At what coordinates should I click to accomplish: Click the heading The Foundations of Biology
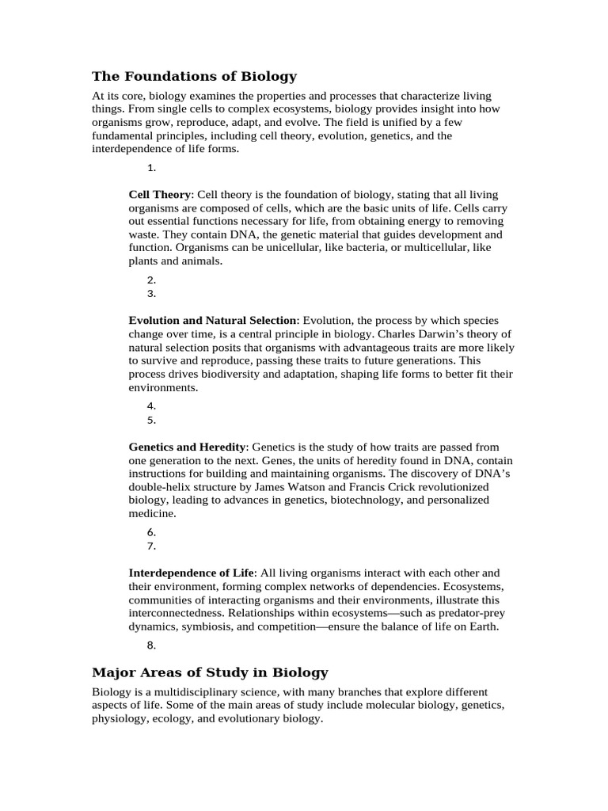tap(194, 77)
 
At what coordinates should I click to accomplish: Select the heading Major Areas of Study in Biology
tap(210, 672)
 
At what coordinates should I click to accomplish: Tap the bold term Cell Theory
tap(160, 194)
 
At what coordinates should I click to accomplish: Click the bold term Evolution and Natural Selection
tap(212, 320)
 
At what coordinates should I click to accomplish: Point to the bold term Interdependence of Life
tap(192, 573)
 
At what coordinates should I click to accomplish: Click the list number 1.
tap(151, 168)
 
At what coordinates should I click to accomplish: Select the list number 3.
tap(151, 294)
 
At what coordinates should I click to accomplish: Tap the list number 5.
tap(151, 421)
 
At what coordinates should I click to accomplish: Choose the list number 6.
tap(151, 532)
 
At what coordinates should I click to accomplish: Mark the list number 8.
tap(151, 645)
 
